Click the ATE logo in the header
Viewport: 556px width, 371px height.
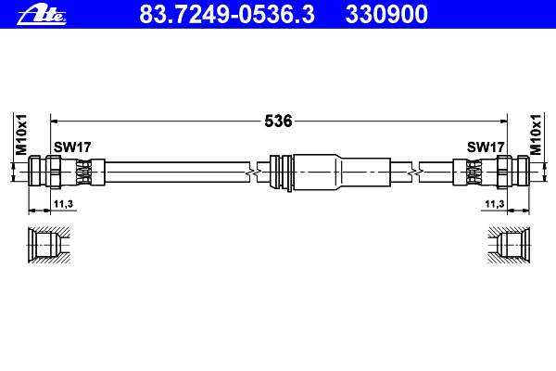[x=42, y=16]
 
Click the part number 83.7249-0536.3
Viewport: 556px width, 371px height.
[x=227, y=14]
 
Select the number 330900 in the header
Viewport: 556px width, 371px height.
[x=386, y=14]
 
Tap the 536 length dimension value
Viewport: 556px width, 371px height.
[x=278, y=122]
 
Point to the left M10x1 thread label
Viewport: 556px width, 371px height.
[x=21, y=134]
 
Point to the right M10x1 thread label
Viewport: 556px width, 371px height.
[x=536, y=134]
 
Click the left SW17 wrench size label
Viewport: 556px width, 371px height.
[x=72, y=147]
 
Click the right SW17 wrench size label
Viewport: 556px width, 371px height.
[x=486, y=147]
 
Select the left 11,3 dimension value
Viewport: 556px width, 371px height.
[x=63, y=204]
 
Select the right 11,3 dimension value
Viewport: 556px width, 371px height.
[x=495, y=204]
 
